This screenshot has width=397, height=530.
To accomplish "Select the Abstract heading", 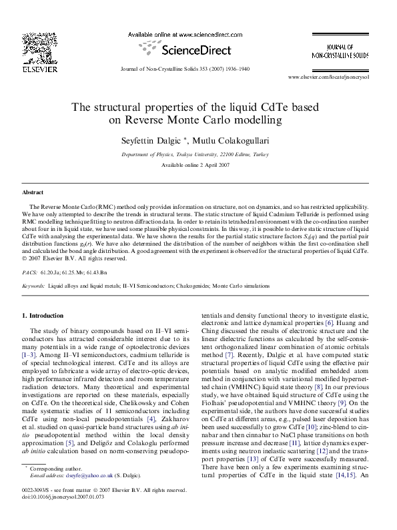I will click(x=33, y=192).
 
